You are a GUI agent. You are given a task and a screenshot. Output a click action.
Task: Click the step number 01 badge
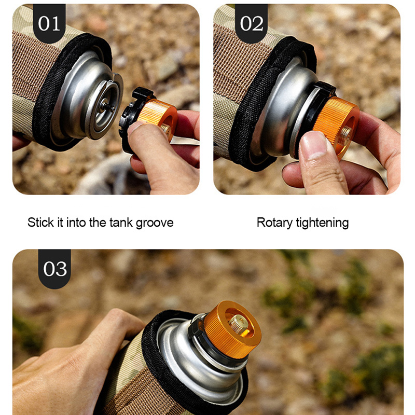point(49,23)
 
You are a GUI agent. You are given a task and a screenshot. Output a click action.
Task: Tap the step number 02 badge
point(251,23)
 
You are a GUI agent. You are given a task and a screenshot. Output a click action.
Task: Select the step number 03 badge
point(54,269)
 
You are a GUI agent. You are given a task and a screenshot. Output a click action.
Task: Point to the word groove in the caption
point(155,223)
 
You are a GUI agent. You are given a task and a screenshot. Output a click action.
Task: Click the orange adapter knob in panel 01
point(158,116)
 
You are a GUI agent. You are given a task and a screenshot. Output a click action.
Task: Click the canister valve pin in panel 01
point(108,106)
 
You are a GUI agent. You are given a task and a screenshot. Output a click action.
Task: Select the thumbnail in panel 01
point(136,127)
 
